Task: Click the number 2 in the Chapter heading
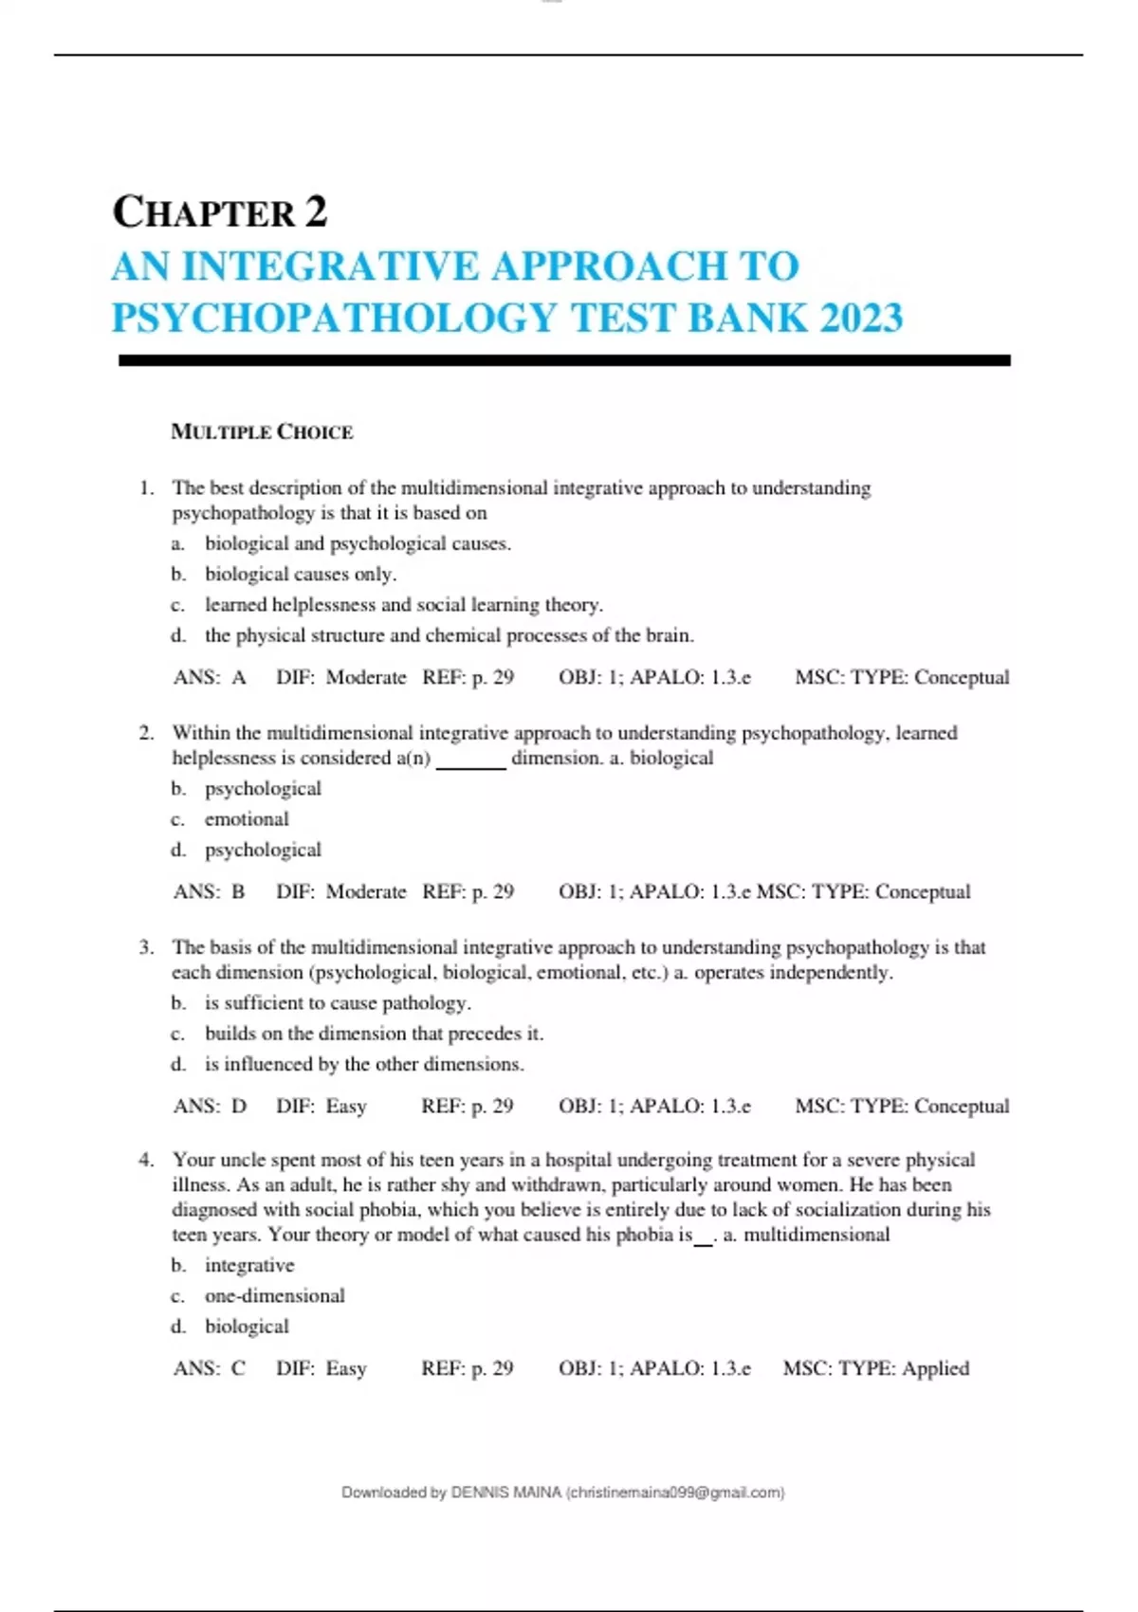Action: [316, 211]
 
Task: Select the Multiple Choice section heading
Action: [262, 432]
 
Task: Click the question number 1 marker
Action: [145, 488]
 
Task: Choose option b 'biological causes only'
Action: [300, 574]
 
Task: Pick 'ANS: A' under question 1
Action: [210, 677]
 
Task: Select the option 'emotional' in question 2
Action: [247, 819]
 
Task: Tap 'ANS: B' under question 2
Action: [210, 891]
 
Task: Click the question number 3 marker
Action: [145, 947]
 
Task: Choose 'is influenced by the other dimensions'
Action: [364, 1064]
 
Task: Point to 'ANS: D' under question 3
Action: [210, 1106]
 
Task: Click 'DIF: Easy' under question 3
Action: [321, 1106]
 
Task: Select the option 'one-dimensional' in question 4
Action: [275, 1295]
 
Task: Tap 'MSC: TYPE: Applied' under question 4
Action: [875, 1368]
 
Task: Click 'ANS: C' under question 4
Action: [210, 1368]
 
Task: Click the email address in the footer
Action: [674, 1493]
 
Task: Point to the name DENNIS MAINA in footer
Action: [505, 1493]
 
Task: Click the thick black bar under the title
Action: [564, 360]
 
